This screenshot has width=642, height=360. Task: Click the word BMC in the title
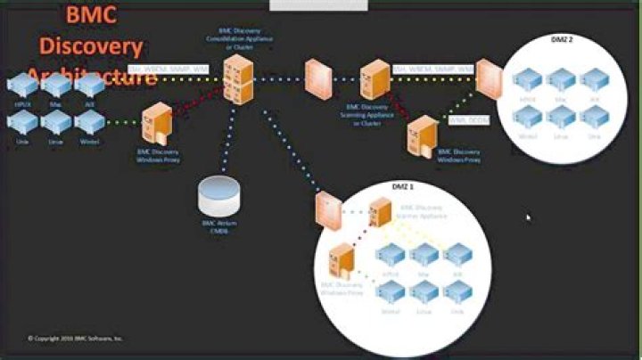91,14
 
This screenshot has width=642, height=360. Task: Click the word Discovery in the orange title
91,45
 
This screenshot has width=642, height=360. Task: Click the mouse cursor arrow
528,217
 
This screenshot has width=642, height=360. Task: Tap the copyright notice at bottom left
76,338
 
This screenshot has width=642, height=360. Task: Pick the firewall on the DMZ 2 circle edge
486,78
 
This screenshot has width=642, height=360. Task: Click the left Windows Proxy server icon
157,124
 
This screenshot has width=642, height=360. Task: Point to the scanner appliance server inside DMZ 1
380,213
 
